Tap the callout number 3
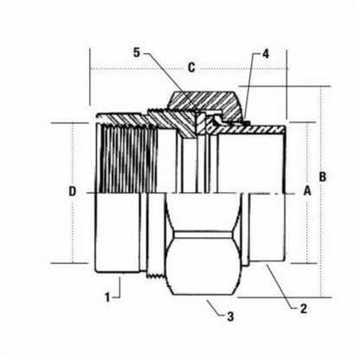click(230, 318)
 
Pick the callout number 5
click(136, 53)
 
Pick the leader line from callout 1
click(119, 290)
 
